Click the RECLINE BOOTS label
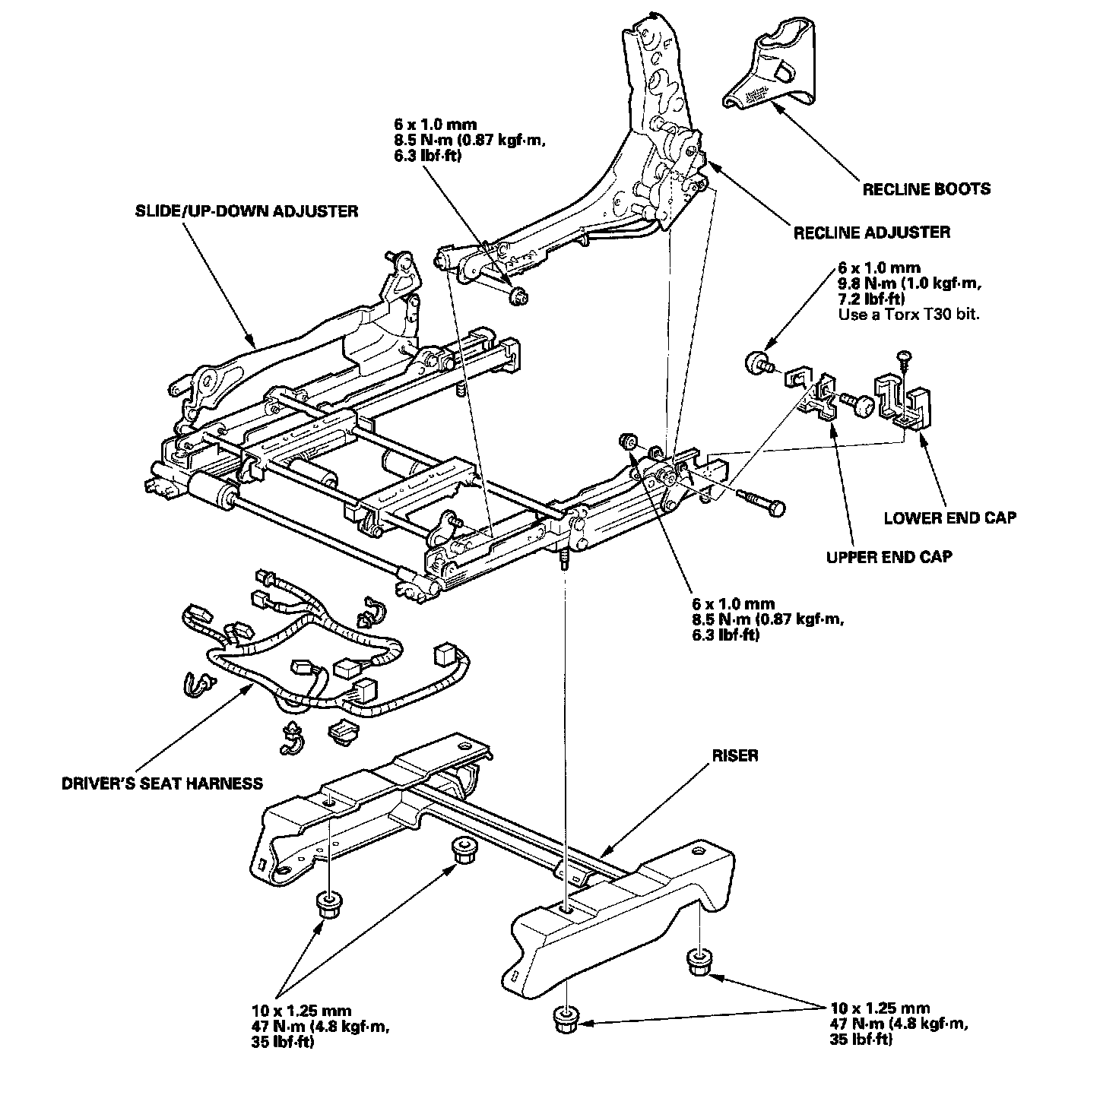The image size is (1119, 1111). tap(926, 188)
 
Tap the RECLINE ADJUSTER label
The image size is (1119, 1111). tap(871, 233)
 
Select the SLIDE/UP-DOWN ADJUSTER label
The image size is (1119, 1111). tap(243, 211)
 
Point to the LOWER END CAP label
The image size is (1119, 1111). tap(949, 518)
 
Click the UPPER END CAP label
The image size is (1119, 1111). tap(889, 557)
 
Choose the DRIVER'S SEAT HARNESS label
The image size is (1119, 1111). tap(162, 783)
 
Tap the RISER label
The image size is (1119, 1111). tap(735, 756)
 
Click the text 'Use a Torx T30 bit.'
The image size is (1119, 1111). tap(908, 314)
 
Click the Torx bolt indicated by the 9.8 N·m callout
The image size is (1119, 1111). tap(756, 362)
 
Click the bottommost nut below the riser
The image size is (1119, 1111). tap(565, 1018)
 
